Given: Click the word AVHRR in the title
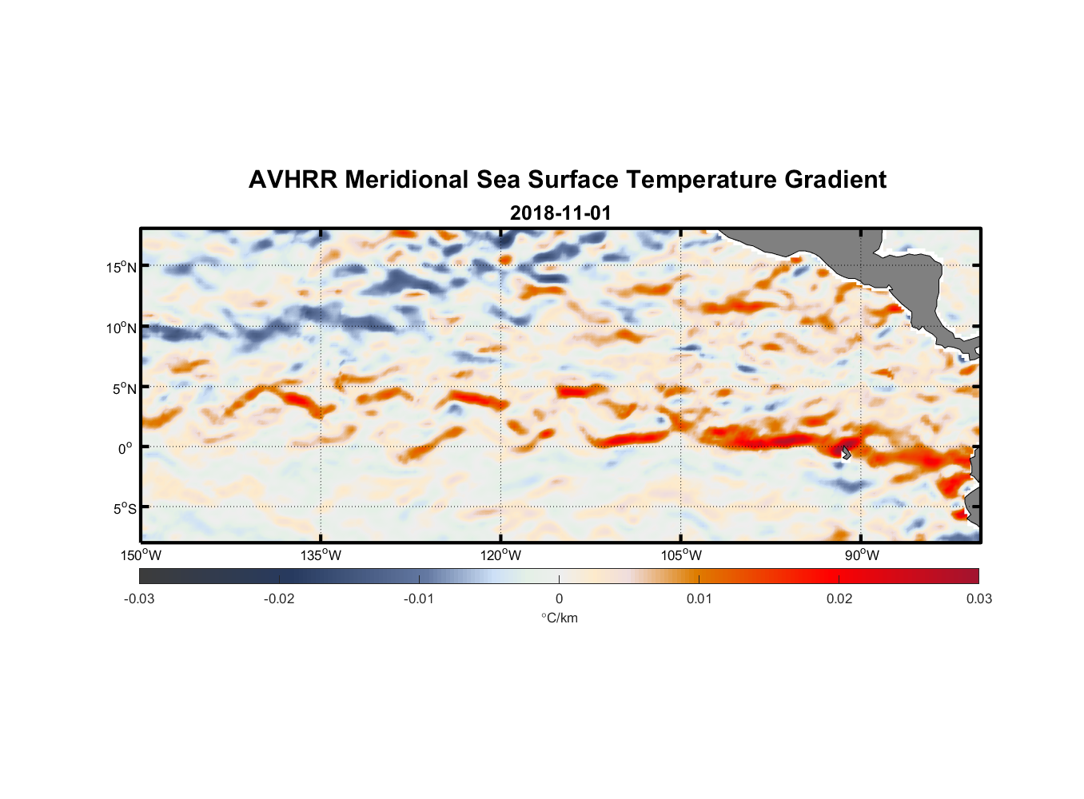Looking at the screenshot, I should coord(293,180).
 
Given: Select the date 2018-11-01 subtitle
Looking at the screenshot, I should coord(560,213).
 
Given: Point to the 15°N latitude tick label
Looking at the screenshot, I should coord(122,267).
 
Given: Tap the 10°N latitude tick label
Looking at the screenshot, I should coord(122,328).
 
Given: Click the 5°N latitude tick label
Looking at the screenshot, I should coord(124,388).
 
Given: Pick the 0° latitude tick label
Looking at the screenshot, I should coord(126,448).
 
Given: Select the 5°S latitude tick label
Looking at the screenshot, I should coord(124,509).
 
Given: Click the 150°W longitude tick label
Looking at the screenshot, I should coord(141,555).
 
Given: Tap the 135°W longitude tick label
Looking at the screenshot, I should coord(321,555).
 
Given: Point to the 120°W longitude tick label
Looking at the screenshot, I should coord(501,555).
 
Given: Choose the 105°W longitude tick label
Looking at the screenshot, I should coord(681,555).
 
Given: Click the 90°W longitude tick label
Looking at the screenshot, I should coord(862,555).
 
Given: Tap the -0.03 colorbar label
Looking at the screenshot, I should coord(139,598).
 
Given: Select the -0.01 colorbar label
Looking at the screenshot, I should coord(419,598).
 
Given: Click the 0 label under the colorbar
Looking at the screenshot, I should coord(559,598).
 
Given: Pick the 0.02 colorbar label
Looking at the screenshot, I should coord(839,598).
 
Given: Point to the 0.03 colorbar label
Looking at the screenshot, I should coord(978,598).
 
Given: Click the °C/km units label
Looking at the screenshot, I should coord(559,618).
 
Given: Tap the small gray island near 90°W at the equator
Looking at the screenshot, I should coord(845,452).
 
